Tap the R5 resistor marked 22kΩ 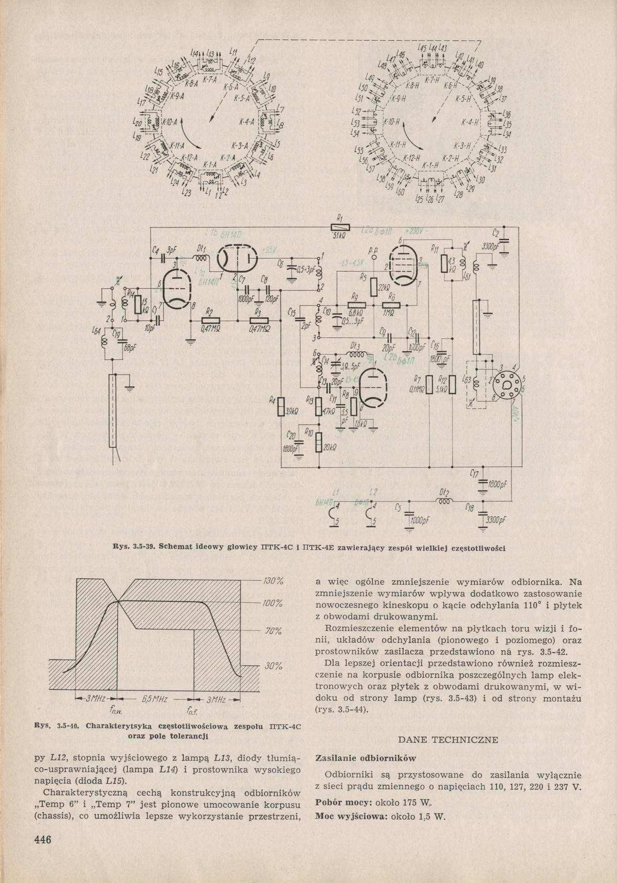pyautogui.click(x=374, y=286)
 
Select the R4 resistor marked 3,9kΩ pyautogui.click(x=281, y=406)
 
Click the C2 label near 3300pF pyautogui.click(x=496, y=233)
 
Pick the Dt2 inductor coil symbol pyautogui.click(x=445, y=500)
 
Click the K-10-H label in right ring pyautogui.click(x=391, y=122)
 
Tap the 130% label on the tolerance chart pyautogui.click(x=272, y=581)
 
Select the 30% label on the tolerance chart pyautogui.click(x=272, y=666)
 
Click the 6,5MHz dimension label pyautogui.click(x=154, y=699)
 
